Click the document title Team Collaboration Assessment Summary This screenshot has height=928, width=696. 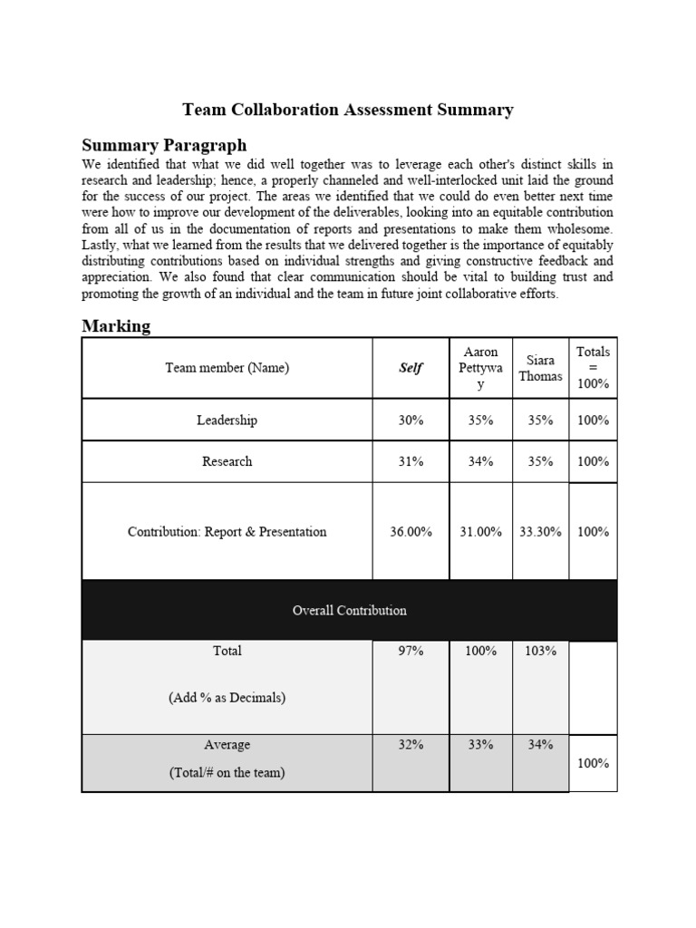348,110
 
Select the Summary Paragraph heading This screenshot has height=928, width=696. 164,145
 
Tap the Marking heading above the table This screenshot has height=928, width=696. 116,325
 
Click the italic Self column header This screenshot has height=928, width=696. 411,368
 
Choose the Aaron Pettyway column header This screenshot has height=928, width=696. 480,368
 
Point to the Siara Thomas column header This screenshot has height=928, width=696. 540,368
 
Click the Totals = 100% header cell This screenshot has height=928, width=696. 593,367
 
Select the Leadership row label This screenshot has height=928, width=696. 227,420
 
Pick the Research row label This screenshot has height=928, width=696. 227,461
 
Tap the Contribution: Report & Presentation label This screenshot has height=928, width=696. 227,532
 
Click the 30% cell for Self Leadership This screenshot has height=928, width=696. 411,420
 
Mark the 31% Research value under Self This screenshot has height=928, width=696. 411,461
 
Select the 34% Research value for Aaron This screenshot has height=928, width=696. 480,461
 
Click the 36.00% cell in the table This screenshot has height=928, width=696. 411,532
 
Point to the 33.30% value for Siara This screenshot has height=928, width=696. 540,532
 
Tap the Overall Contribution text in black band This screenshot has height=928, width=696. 349,610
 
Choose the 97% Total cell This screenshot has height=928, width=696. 411,651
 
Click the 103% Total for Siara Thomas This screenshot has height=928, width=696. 540,651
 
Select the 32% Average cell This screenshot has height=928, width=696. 411,745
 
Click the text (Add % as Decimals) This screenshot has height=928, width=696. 227,698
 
